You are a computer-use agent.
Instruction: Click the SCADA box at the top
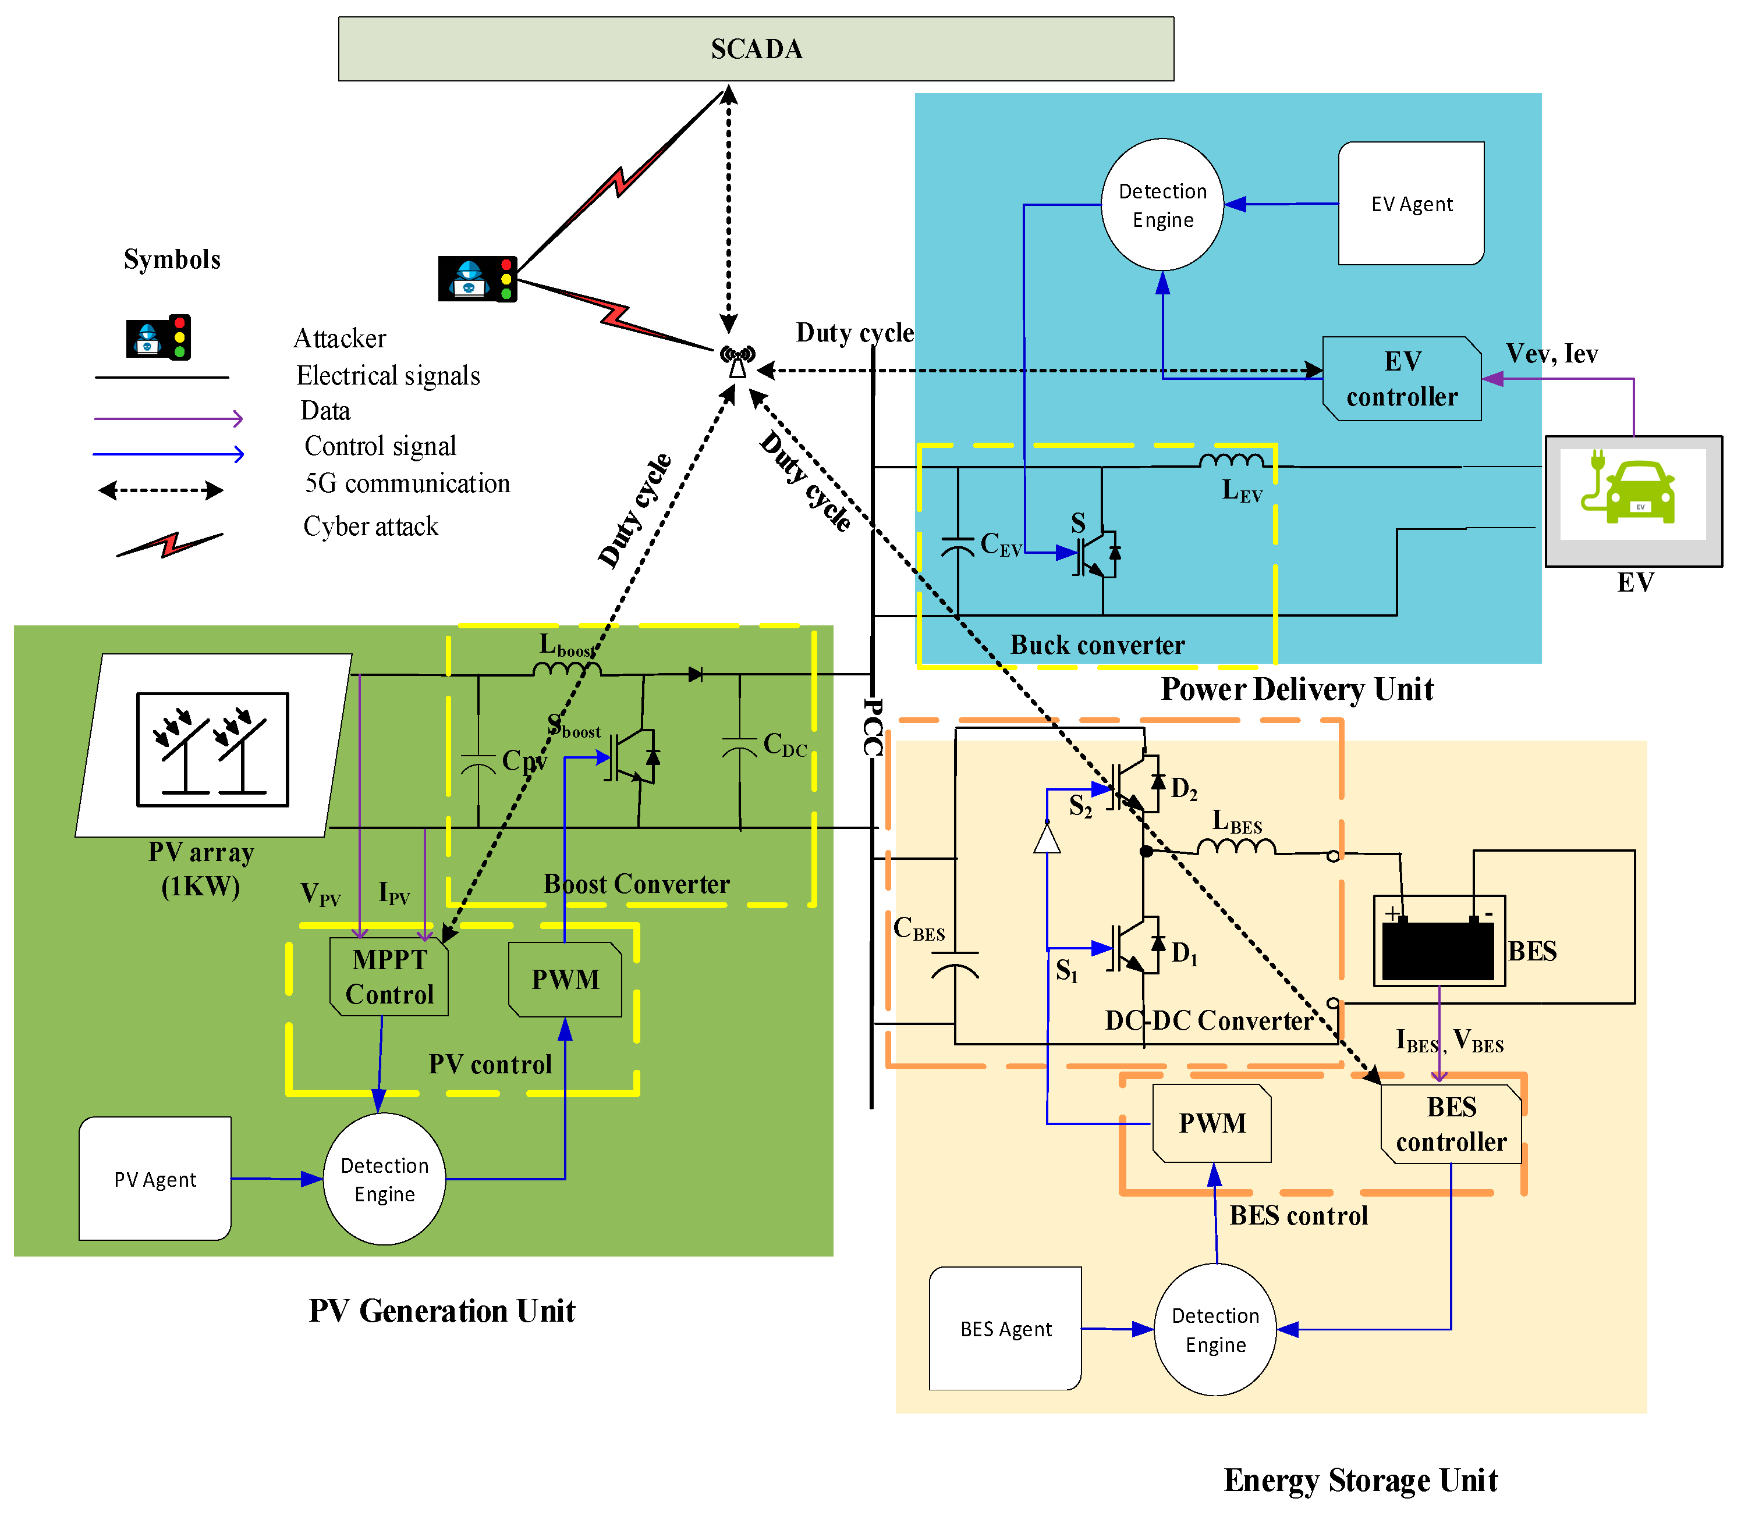coord(756,49)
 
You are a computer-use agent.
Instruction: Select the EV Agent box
coord(1411,204)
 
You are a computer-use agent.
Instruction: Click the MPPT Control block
coord(389,977)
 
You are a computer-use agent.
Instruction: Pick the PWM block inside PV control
coord(565,980)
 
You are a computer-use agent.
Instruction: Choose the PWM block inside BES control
coord(1212,1123)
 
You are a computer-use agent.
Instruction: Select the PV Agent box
coord(155,1179)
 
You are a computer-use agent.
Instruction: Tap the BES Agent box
coord(1005,1329)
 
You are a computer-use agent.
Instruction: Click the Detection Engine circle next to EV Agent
coord(1162,205)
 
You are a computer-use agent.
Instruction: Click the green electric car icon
coord(1633,492)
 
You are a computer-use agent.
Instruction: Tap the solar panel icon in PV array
coord(212,749)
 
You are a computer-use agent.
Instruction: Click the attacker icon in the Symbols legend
coord(158,337)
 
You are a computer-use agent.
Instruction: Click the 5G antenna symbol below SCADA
coord(737,362)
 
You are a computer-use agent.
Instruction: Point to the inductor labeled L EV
coord(1232,461)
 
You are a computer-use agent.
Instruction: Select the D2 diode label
coord(1183,789)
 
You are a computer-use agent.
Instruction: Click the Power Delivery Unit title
coord(1297,689)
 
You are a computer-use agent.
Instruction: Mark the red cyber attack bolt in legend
coord(170,544)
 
